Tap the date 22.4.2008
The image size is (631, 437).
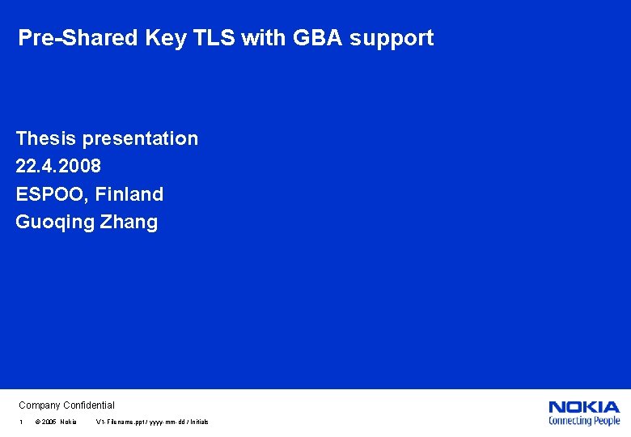tap(58, 166)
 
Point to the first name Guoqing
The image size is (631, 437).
tap(55, 223)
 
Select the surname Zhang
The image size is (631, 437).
tap(129, 223)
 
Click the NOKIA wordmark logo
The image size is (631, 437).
tap(583, 407)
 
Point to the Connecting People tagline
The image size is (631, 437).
tap(583, 421)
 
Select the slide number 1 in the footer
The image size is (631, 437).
tap(21, 422)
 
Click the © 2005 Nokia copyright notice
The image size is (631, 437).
tap(56, 422)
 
